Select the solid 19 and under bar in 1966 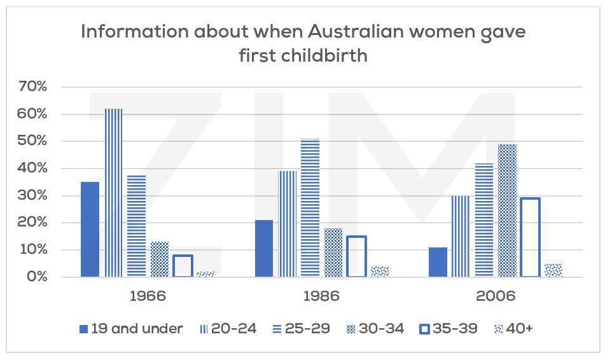pyautogui.click(x=90, y=230)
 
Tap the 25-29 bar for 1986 pyautogui.click(x=310, y=208)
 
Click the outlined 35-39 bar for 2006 pyautogui.click(x=530, y=237)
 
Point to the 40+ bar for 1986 pyautogui.click(x=379, y=272)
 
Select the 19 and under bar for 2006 pyautogui.click(x=438, y=262)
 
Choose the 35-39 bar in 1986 pyautogui.click(x=356, y=256)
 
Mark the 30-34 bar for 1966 pyautogui.click(x=160, y=260)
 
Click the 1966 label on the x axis pyautogui.click(x=148, y=296)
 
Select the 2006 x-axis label pyautogui.click(x=496, y=296)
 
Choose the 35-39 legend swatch pyautogui.click(x=424, y=329)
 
